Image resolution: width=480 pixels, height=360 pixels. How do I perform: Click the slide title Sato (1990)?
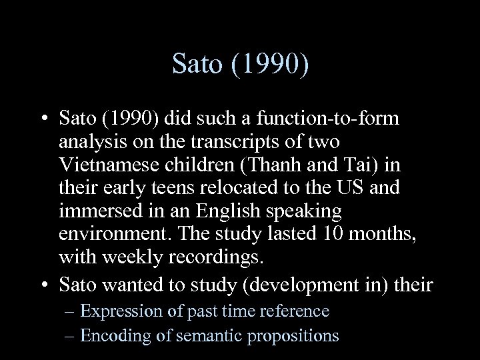point(240,64)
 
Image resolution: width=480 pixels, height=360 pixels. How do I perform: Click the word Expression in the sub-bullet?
point(118,311)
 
